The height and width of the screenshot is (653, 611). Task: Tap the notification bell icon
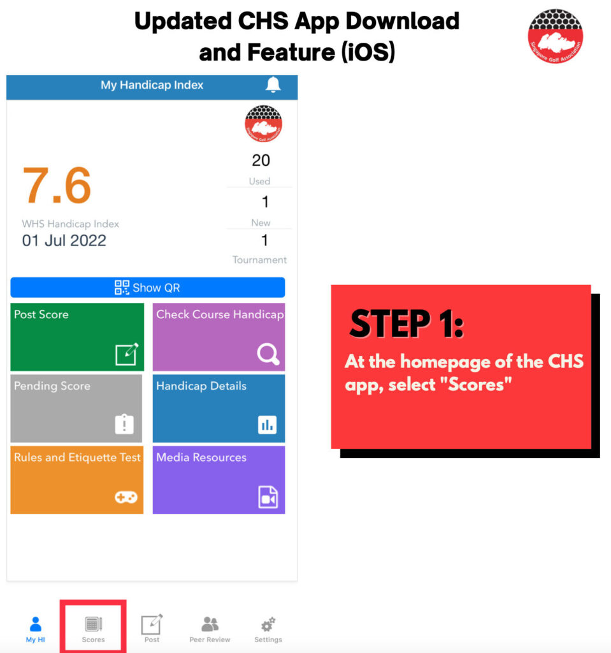click(273, 85)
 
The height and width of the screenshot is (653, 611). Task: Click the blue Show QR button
click(148, 288)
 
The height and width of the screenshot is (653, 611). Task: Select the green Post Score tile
click(77, 337)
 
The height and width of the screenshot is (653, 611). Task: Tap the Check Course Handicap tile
click(219, 337)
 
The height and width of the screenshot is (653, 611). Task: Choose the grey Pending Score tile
click(76, 408)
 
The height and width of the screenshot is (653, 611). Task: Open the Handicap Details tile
click(219, 408)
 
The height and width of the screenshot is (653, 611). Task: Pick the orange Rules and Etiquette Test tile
click(77, 480)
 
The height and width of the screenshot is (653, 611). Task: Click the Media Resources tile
click(219, 480)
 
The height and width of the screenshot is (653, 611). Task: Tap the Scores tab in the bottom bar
click(93, 629)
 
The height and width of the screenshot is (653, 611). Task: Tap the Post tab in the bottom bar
click(152, 629)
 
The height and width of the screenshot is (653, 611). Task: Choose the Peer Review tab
click(210, 629)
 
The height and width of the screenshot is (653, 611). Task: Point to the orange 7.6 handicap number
click(57, 185)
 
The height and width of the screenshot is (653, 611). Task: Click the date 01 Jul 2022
click(64, 240)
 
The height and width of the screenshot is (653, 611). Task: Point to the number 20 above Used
click(261, 160)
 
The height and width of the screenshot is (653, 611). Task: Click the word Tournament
click(259, 260)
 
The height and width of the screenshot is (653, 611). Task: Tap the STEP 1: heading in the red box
click(406, 323)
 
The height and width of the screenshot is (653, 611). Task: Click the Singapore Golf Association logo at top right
click(555, 36)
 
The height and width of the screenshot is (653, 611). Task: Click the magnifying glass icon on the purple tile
click(268, 354)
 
